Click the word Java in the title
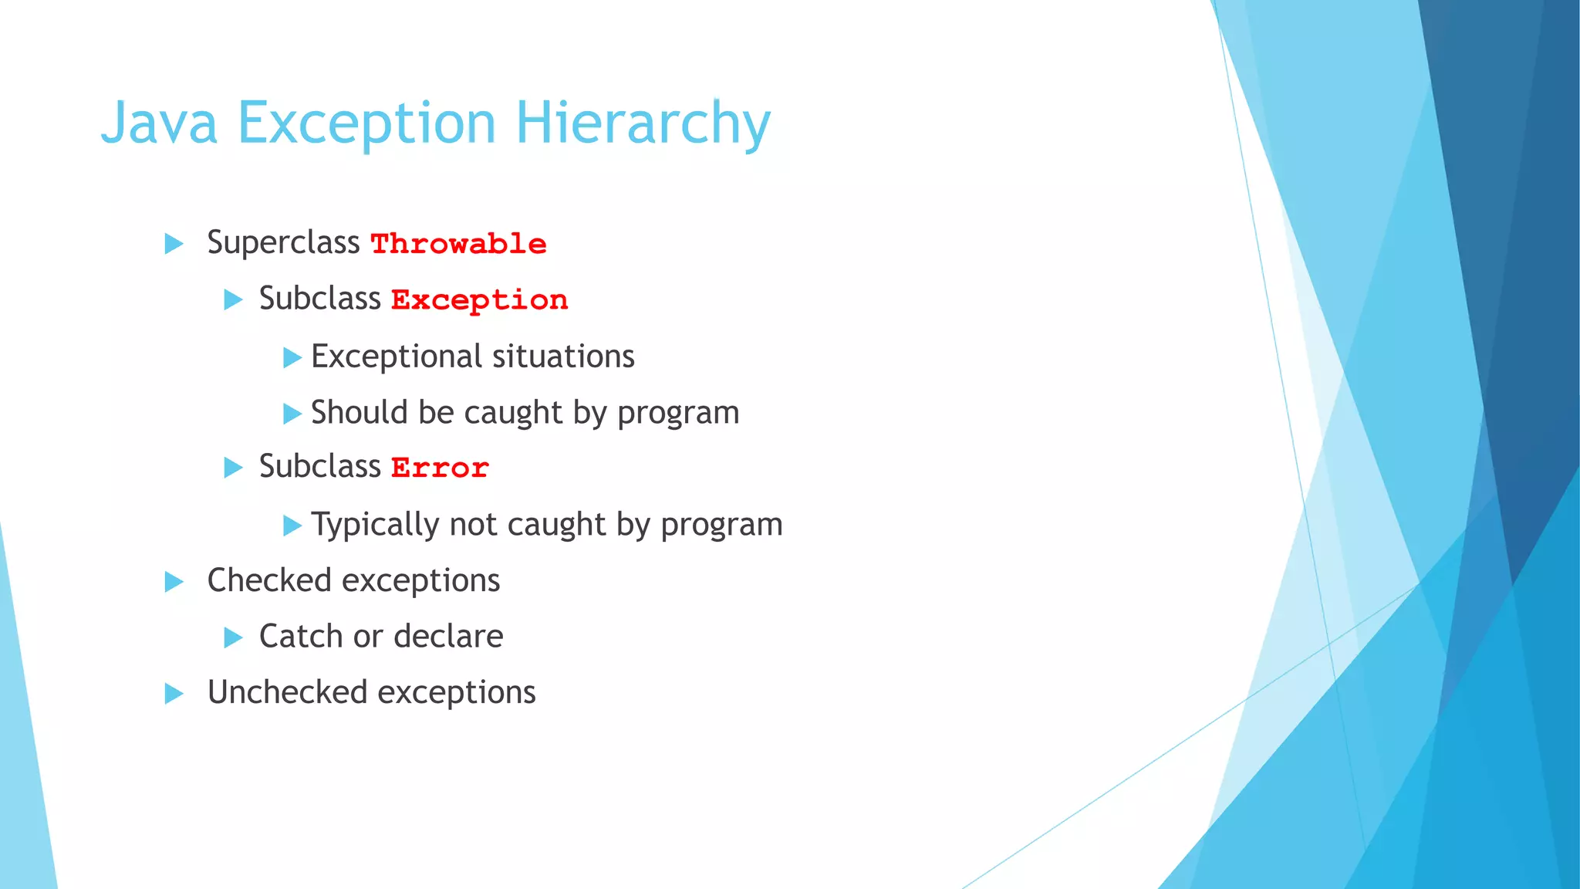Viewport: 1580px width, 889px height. (160, 123)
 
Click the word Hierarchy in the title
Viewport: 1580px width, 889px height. (643, 123)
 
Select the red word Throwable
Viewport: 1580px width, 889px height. (458, 244)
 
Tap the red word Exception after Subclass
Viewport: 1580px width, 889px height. (479, 299)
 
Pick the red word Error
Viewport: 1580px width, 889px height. (440, 468)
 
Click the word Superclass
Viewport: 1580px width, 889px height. (283, 242)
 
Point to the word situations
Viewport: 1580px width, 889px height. (563, 357)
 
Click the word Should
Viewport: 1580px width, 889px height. (359, 412)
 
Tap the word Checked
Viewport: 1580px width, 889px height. (269, 580)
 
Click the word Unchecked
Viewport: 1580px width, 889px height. (287, 692)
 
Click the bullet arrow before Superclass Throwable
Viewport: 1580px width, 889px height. (174, 244)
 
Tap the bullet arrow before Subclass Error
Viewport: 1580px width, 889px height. (233, 468)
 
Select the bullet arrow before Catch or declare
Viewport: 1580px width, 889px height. (233, 637)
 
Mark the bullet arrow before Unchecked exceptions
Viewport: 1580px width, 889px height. (174, 693)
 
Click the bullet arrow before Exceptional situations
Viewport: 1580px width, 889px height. (292, 357)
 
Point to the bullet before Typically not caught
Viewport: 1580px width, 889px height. (292, 526)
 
